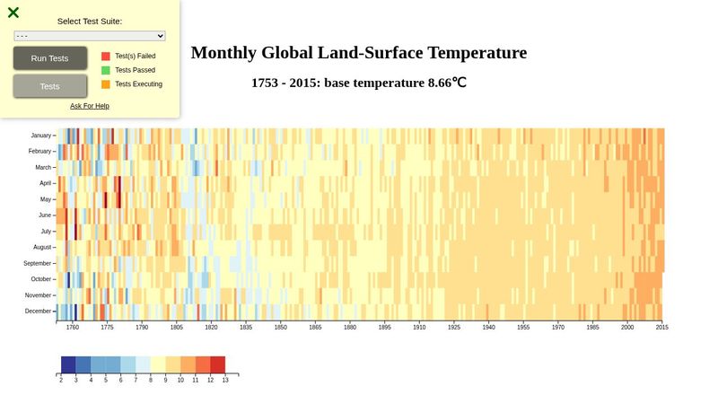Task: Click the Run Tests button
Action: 50,58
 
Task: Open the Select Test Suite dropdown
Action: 90,36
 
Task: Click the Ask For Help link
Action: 90,106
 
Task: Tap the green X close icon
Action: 13,13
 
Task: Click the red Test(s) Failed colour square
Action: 106,56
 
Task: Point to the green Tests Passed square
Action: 106,70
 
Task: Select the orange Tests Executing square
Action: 106,84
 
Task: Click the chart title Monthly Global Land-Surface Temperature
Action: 359,53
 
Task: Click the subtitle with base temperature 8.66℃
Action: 359,83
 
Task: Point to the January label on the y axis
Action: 40,136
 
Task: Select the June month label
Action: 45,215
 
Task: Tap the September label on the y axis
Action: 38,263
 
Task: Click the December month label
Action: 39,312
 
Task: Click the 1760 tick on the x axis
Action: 72,329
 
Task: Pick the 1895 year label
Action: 384,329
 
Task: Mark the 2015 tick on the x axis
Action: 661,329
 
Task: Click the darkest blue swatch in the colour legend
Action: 68,364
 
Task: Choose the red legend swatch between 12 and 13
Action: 218,364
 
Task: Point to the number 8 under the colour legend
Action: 151,381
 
